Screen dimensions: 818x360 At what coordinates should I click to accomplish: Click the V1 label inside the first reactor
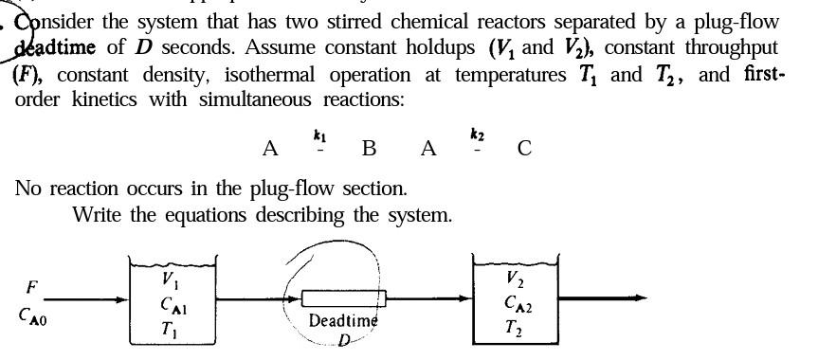pyautogui.click(x=168, y=279)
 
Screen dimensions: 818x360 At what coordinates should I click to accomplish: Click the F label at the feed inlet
pyautogui.click(x=33, y=286)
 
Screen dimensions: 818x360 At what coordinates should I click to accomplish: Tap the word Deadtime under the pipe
pyautogui.click(x=343, y=320)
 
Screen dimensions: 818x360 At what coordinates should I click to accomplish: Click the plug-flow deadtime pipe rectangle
pyautogui.click(x=339, y=297)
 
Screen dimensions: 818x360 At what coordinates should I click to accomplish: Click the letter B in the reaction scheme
pyautogui.click(x=369, y=148)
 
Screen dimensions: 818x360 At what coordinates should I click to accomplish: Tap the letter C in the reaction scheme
pyautogui.click(x=524, y=148)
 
